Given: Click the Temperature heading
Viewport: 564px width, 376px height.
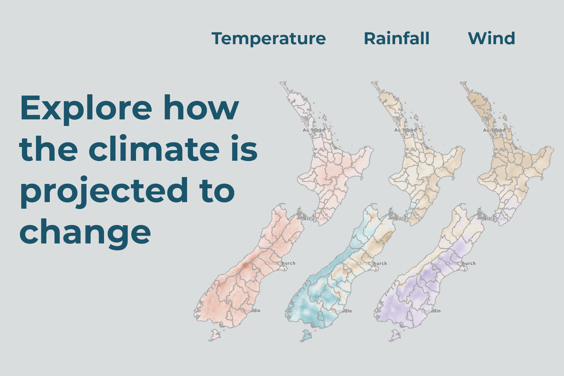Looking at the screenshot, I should click(269, 39).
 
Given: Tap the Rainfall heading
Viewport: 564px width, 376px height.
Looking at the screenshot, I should click(396, 39).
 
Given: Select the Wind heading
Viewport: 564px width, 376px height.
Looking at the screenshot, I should click(491, 39).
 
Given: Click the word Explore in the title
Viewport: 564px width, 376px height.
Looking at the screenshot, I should click(86, 108).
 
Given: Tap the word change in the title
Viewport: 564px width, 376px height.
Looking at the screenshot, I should click(85, 233).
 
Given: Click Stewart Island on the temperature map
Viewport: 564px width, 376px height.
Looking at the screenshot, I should click(215, 335).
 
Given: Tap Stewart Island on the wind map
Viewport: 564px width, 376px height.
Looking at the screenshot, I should click(395, 336).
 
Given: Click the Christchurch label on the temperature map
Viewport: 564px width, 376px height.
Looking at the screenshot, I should click(281, 263).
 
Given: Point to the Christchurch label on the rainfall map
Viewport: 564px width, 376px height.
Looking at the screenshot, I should click(373, 264).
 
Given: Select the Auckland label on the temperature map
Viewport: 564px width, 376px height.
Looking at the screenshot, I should click(314, 130).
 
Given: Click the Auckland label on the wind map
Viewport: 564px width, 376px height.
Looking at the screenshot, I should click(494, 130).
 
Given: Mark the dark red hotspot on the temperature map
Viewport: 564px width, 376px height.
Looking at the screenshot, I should click(246, 265).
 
